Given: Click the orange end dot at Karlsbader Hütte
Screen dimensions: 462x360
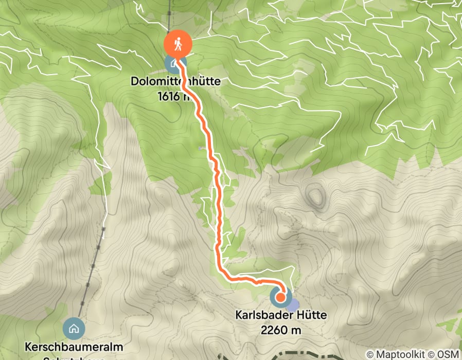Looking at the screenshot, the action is pos(281,297).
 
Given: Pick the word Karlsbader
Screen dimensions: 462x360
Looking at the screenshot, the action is pos(260,315).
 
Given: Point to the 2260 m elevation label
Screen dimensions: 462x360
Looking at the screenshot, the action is pos(281,330).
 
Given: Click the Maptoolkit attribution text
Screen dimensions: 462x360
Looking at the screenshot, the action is pos(399,354).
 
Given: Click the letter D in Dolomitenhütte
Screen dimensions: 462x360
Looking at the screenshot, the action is pos(134,81).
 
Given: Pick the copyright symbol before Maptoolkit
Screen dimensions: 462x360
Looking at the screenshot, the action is pos(370,354).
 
